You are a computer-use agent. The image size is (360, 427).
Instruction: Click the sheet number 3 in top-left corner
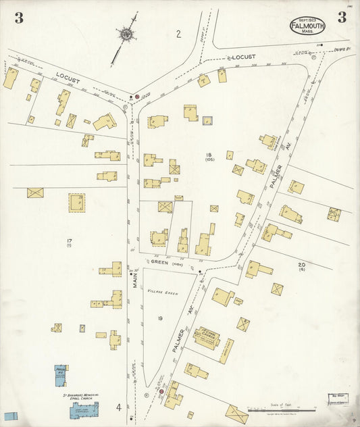tap(19, 18)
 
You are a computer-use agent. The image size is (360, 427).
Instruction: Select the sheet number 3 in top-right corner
tap(342, 18)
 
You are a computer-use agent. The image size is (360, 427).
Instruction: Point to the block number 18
tap(209, 155)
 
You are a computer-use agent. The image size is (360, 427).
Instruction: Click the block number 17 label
tap(69, 241)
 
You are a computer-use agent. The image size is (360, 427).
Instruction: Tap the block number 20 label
tap(301, 264)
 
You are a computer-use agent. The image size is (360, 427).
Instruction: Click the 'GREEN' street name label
tap(159, 263)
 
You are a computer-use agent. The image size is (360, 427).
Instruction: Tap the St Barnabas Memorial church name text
tap(75, 395)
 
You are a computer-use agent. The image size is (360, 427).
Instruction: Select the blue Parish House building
tap(61, 376)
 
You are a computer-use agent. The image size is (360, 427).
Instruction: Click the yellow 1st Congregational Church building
tap(206, 336)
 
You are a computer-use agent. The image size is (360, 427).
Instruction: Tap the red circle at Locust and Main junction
tap(136, 97)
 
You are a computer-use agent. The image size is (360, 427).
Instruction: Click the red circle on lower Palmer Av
tap(161, 391)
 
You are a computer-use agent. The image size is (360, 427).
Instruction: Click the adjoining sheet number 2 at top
tap(179, 34)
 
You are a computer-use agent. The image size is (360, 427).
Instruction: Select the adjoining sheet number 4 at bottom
tap(118, 407)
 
